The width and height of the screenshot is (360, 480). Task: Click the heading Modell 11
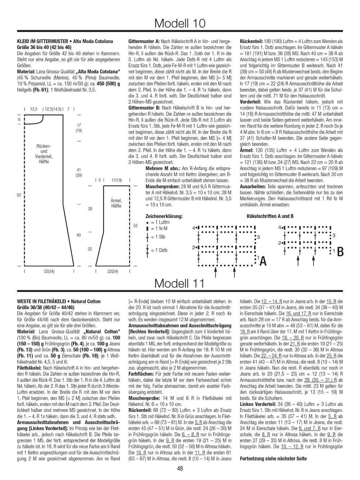click(x=180, y=283)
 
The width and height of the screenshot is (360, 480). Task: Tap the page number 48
click(x=180, y=468)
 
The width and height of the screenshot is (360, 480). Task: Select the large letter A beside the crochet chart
click(x=263, y=260)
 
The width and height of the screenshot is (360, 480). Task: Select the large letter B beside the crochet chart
click(x=340, y=252)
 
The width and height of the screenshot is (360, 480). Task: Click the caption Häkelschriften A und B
click(x=270, y=216)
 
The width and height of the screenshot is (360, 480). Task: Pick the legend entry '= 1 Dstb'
click(x=158, y=250)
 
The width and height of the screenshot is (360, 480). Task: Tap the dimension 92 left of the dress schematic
click(x=18, y=196)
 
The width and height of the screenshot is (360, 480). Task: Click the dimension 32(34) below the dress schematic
click(x=49, y=272)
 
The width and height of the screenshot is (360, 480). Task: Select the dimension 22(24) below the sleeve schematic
click(x=113, y=272)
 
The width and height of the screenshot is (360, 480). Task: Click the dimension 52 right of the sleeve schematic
click(x=135, y=226)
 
